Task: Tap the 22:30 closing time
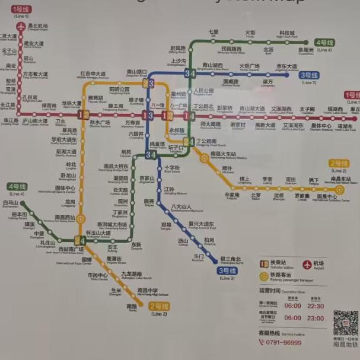pos(316,306)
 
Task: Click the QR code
pos(345,323)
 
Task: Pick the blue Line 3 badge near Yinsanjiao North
pos(227,270)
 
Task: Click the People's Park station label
pos(203,91)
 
